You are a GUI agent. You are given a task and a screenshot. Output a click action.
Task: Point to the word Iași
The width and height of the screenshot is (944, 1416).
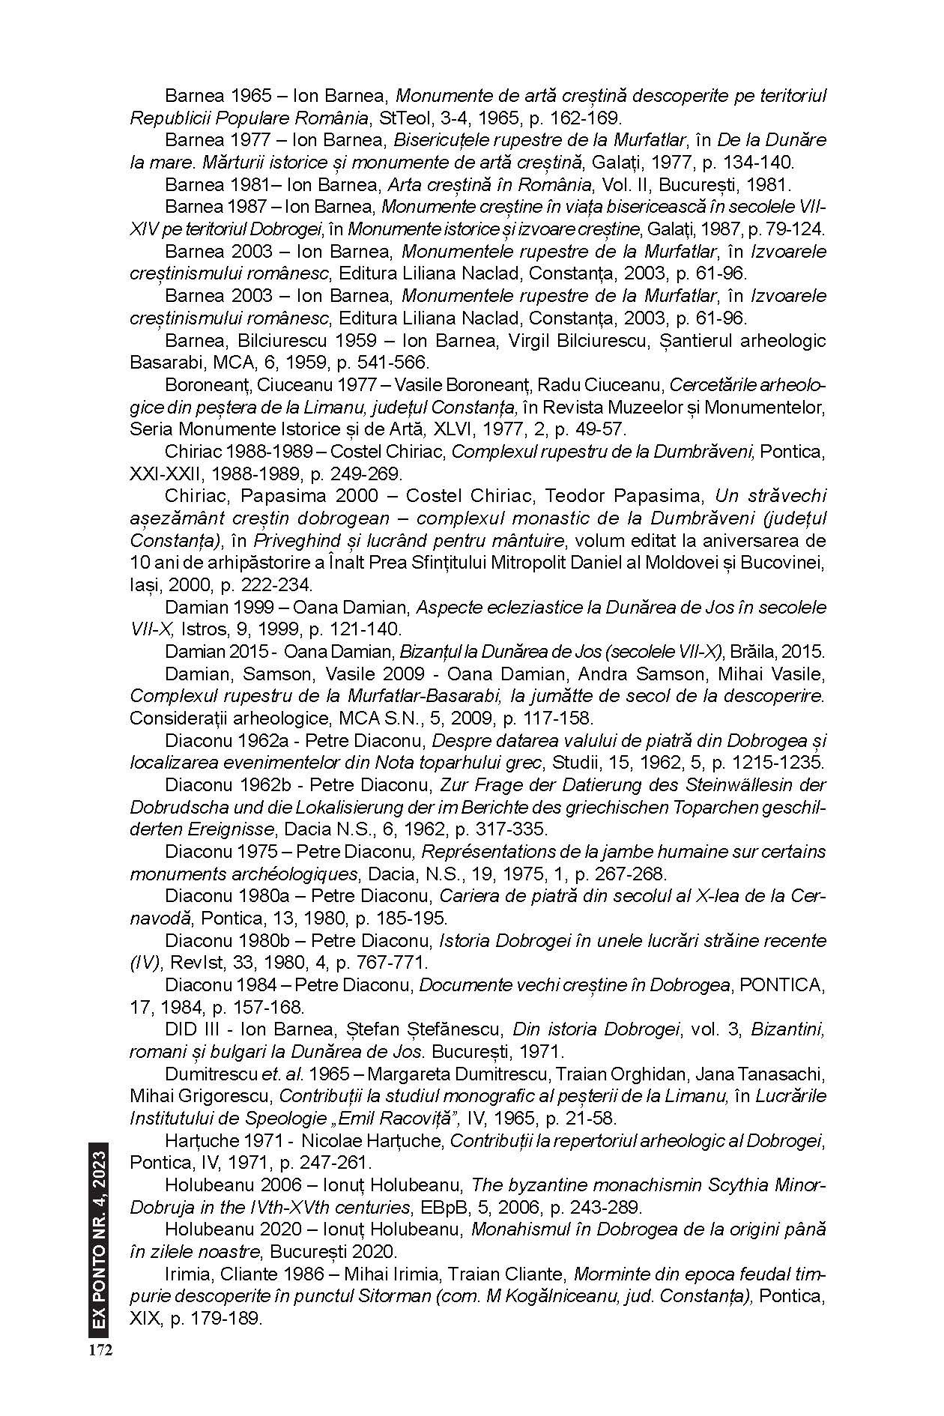click(145, 584)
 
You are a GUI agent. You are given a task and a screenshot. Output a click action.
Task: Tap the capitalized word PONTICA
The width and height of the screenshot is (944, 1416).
click(782, 984)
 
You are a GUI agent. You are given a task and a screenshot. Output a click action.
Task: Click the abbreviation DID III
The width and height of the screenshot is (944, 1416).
click(190, 1029)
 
